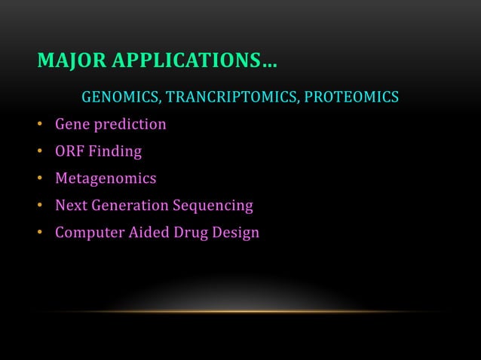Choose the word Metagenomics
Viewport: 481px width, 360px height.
click(x=106, y=179)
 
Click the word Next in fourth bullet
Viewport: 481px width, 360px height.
click(x=70, y=205)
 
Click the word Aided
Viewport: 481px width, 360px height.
click(x=149, y=232)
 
